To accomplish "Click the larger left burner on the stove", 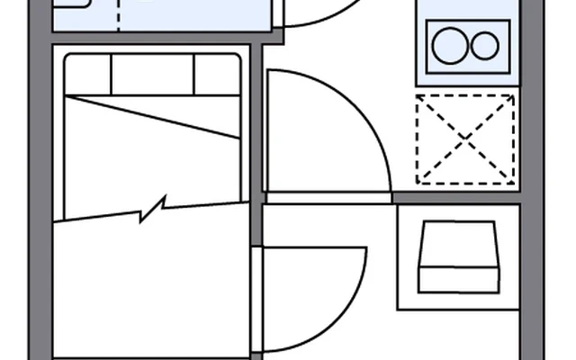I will [x=448, y=46].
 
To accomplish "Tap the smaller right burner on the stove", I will [x=485, y=46].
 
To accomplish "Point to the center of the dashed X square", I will [x=465, y=139].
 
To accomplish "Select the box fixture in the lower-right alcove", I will [x=459, y=256].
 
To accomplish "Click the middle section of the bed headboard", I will [x=153, y=74].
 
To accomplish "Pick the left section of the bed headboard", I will [x=87, y=74].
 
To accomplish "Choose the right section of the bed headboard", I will [x=217, y=74].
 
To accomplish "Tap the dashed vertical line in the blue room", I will [x=121, y=14].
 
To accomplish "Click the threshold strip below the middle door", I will [x=328, y=197].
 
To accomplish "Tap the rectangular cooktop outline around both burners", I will [x=465, y=27].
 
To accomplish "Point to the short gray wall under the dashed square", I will [x=456, y=196].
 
